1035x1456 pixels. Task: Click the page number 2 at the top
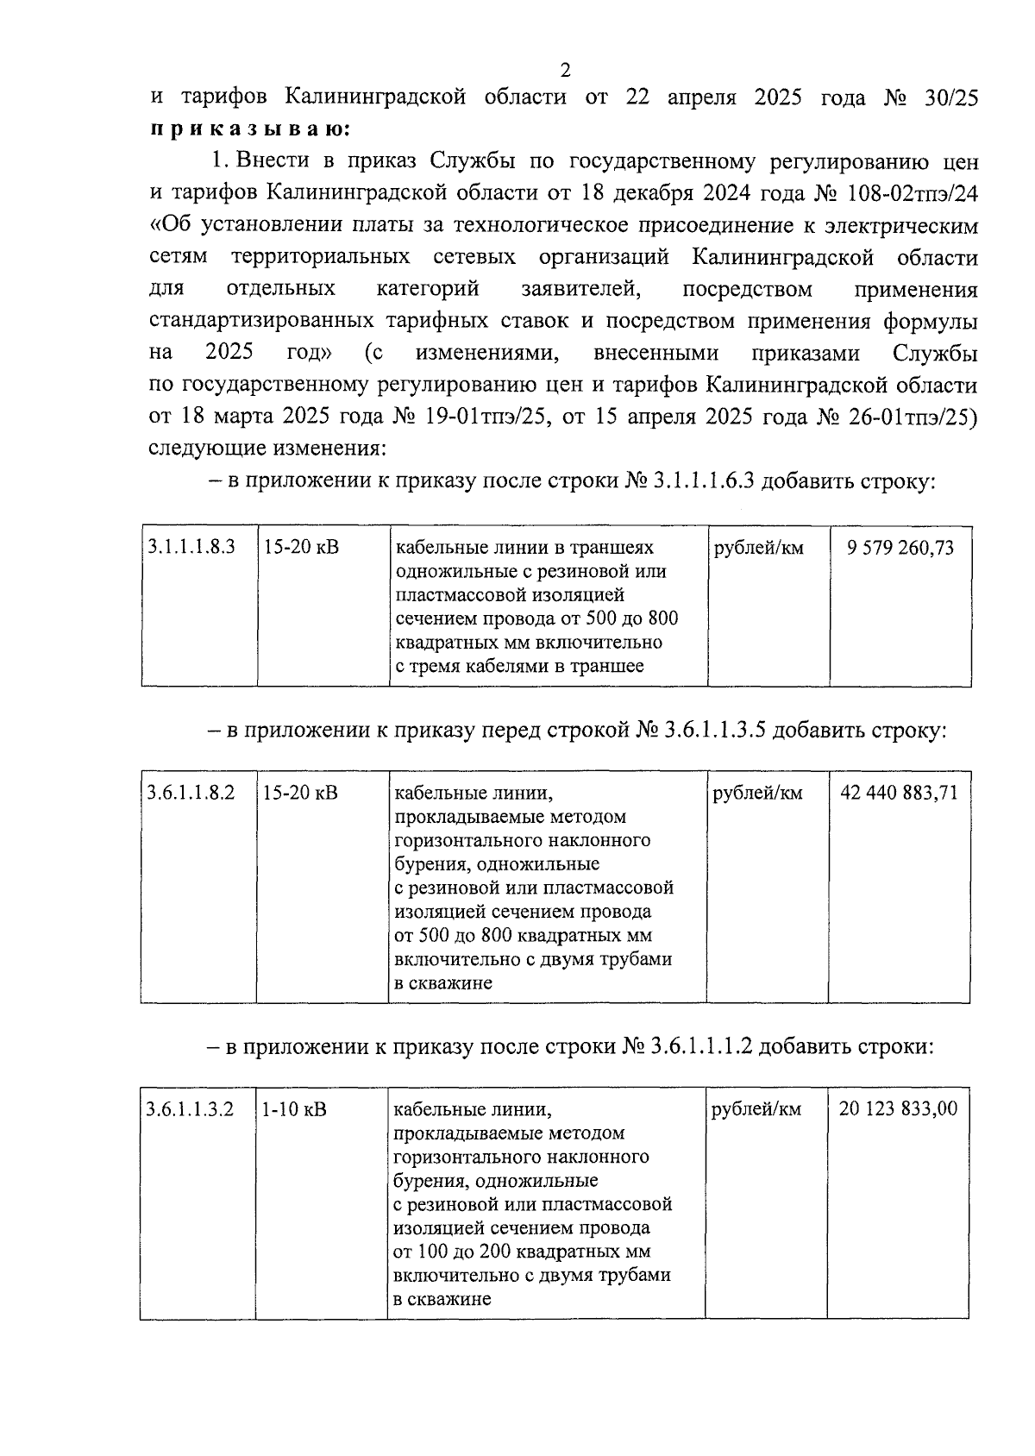[565, 70]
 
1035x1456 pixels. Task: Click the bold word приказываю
[249, 129]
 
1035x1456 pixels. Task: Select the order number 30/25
[947, 97]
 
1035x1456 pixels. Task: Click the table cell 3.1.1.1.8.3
[191, 548]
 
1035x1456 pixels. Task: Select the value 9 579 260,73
[900, 548]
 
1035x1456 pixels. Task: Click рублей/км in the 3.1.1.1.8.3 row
[758, 548]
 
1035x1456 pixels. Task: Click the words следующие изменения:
[267, 449]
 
